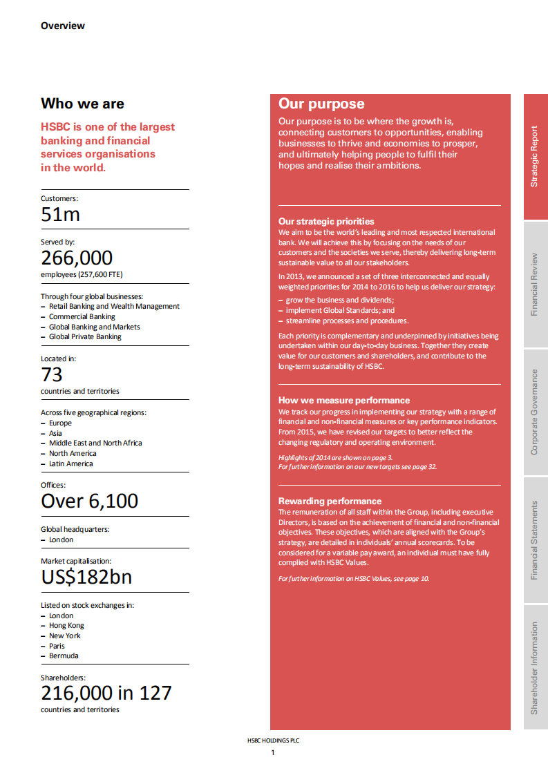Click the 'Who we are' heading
click(x=82, y=104)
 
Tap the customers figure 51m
click(x=61, y=215)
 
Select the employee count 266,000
click(x=77, y=258)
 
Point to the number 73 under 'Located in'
click(x=52, y=375)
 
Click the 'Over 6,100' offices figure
click(x=90, y=501)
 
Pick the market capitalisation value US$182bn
click(x=86, y=577)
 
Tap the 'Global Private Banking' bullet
click(x=84, y=337)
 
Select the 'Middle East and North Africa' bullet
click(x=95, y=443)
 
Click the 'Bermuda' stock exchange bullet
click(x=64, y=656)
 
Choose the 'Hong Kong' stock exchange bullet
click(x=66, y=626)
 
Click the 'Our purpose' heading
click(x=321, y=104)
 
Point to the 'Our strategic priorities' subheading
click(x=326, y=222)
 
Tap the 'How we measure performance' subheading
click(x=344, y=401)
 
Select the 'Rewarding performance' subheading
click(x=330, y=501)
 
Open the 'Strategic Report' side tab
click(x=534, y=157)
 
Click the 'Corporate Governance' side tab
click(x=534, y=412)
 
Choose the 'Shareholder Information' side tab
click(x=534, y=668)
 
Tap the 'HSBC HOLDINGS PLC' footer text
click(x=273, y=740)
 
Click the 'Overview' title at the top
click(x=63, y=26)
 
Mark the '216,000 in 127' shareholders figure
click(x=106, y=693)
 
